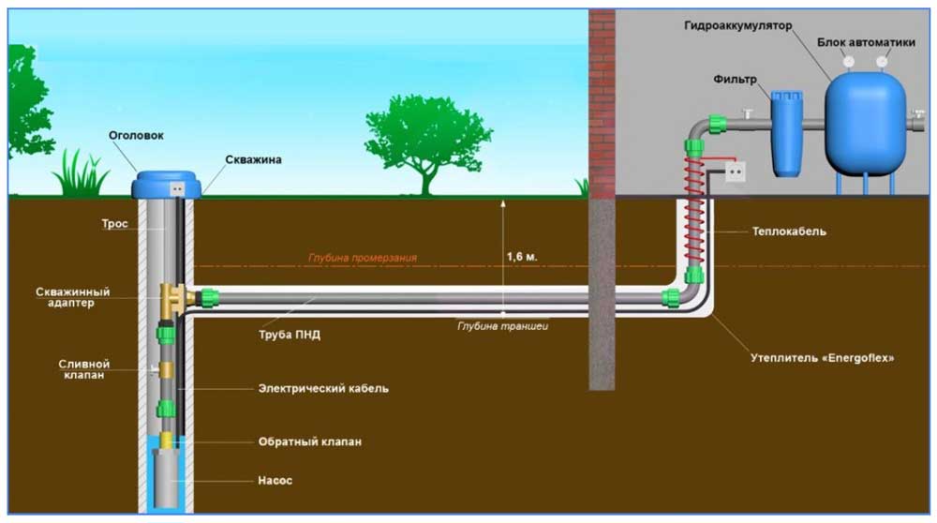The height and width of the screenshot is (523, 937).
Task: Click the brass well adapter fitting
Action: (174, 296)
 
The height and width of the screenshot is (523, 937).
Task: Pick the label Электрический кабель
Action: (322, 387)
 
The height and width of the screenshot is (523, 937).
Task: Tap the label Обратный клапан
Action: (309, 441)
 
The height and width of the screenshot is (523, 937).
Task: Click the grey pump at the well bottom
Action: (170, 479)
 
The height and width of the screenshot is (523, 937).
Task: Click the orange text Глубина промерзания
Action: (363, 257)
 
